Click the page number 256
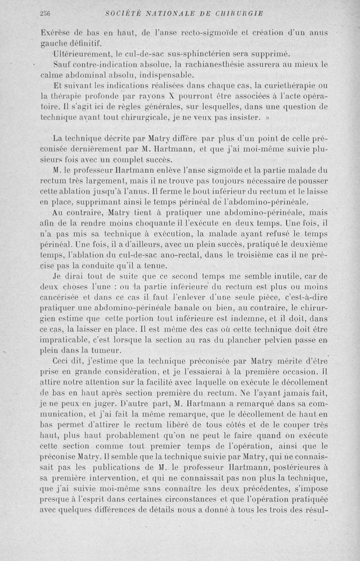click(x=44, y=13)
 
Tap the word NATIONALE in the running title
click(x=162, y=13)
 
